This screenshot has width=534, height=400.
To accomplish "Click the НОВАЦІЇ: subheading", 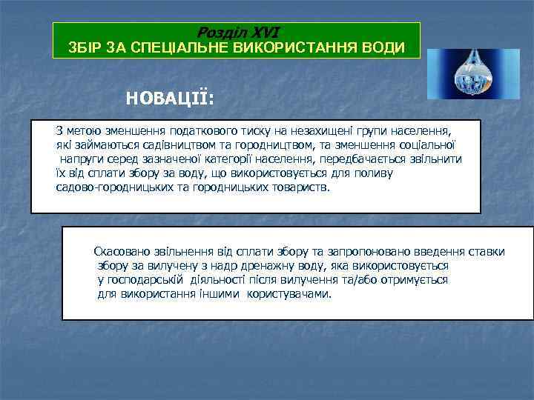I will pos(170,99).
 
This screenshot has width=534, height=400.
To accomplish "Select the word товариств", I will pos(300,187).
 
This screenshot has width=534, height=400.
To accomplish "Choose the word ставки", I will pos(486,252).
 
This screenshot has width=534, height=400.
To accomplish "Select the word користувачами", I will pos(290,294).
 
